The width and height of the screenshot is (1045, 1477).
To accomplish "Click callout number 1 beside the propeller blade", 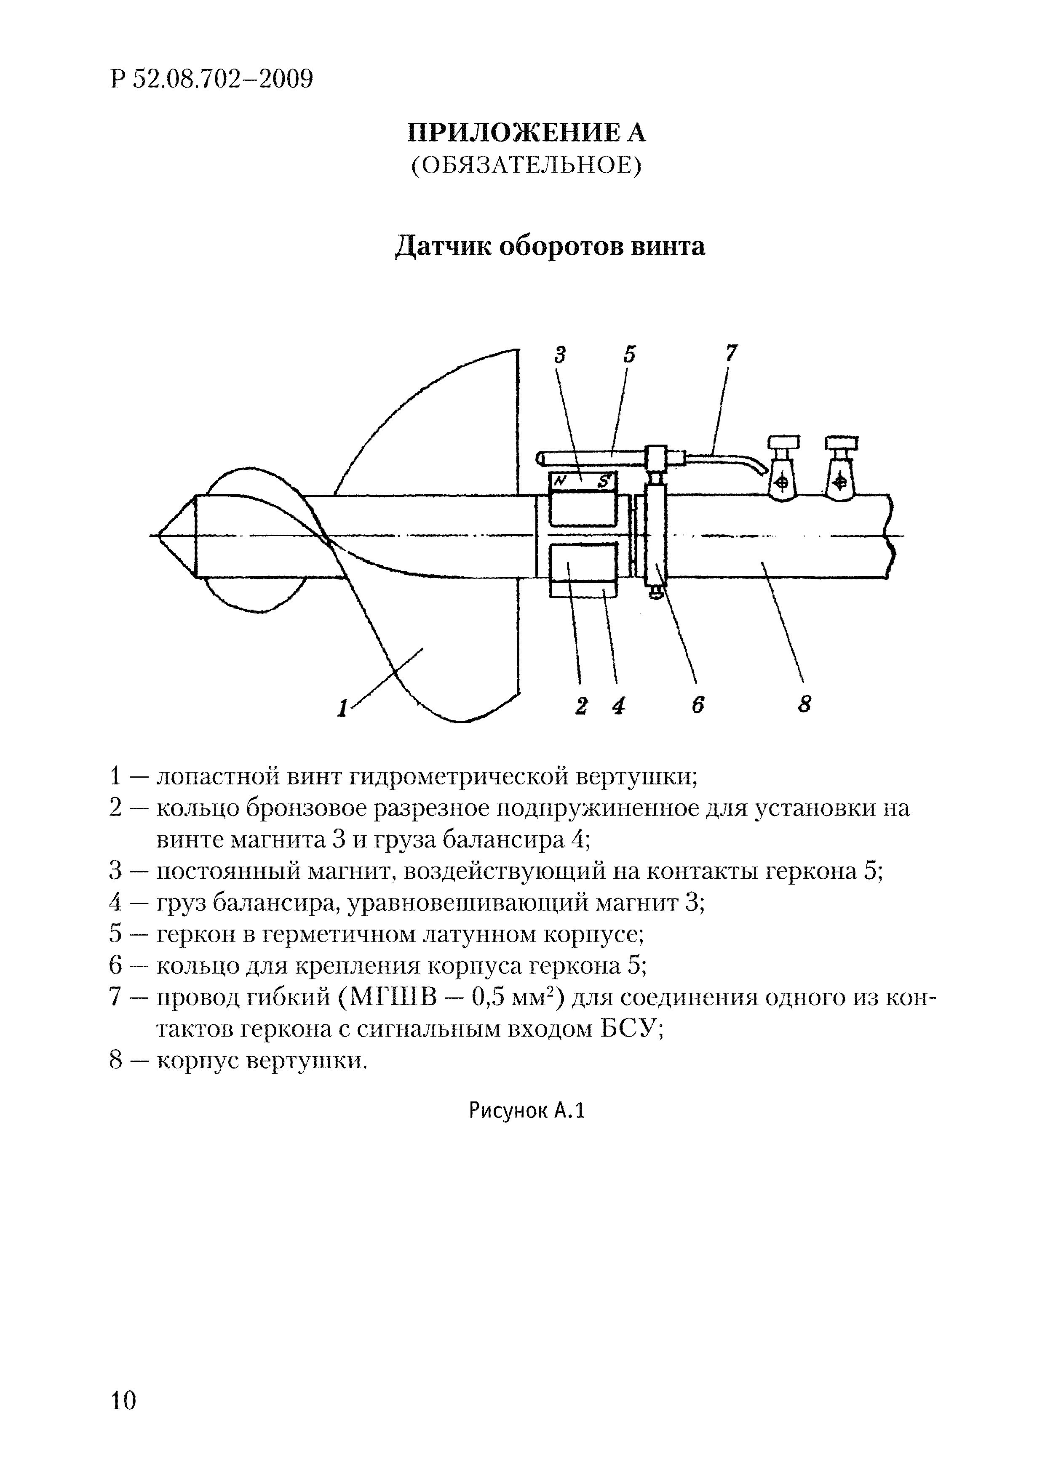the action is (x=342, y=708).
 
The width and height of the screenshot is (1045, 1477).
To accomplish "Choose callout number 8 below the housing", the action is (x=804, y=706).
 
